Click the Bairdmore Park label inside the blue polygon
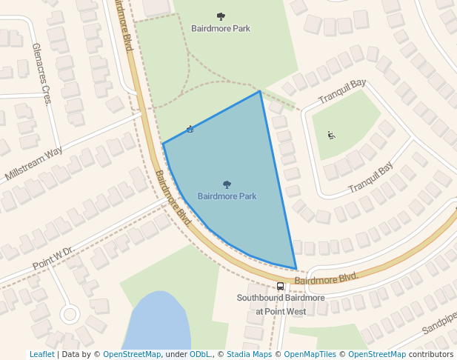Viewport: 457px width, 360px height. pos(227,196)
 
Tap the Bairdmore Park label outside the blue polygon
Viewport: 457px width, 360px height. pos(221,29)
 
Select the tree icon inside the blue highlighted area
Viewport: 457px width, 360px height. pos(227,184)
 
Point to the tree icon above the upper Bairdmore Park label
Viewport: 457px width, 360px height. pos(221,16)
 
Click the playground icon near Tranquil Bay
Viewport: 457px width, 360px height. pos(331,135)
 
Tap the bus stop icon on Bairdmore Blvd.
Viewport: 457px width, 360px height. pos(280,286)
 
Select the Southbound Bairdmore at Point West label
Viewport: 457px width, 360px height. pos(281,304)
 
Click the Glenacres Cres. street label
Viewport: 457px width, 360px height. pos(41,73)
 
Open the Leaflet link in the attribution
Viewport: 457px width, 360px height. pos(41,354)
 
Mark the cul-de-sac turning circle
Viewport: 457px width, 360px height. pos(70,314)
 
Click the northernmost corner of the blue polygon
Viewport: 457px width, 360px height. pos(259,91)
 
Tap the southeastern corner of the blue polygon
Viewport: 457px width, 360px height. pos(296,269)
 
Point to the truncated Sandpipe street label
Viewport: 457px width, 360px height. pos(438,325)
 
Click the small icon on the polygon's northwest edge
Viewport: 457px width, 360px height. pos(190,130)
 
